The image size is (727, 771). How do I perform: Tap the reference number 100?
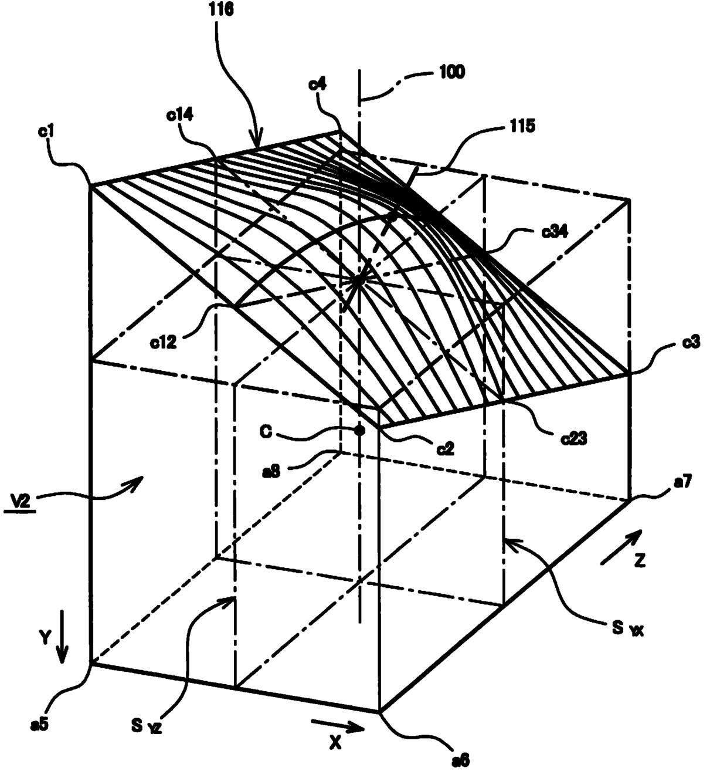(x=451, y=72)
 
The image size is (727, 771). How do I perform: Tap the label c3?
(x=691, y=342)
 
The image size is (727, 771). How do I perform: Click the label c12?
(x=163, y=342)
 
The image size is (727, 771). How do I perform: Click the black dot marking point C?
(x=360, y=430)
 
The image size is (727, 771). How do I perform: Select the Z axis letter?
(x=639, y=561)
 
